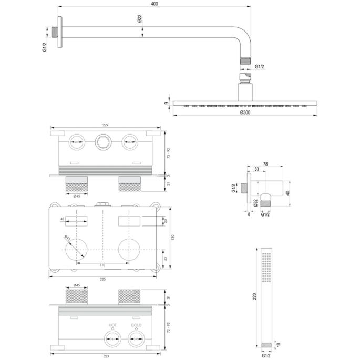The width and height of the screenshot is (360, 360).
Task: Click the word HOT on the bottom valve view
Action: (112, 325)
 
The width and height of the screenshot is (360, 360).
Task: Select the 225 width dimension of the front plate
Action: (102, 279)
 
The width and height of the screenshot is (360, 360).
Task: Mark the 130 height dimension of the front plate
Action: (172, 237)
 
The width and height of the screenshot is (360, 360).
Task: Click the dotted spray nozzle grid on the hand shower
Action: (268, 268)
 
